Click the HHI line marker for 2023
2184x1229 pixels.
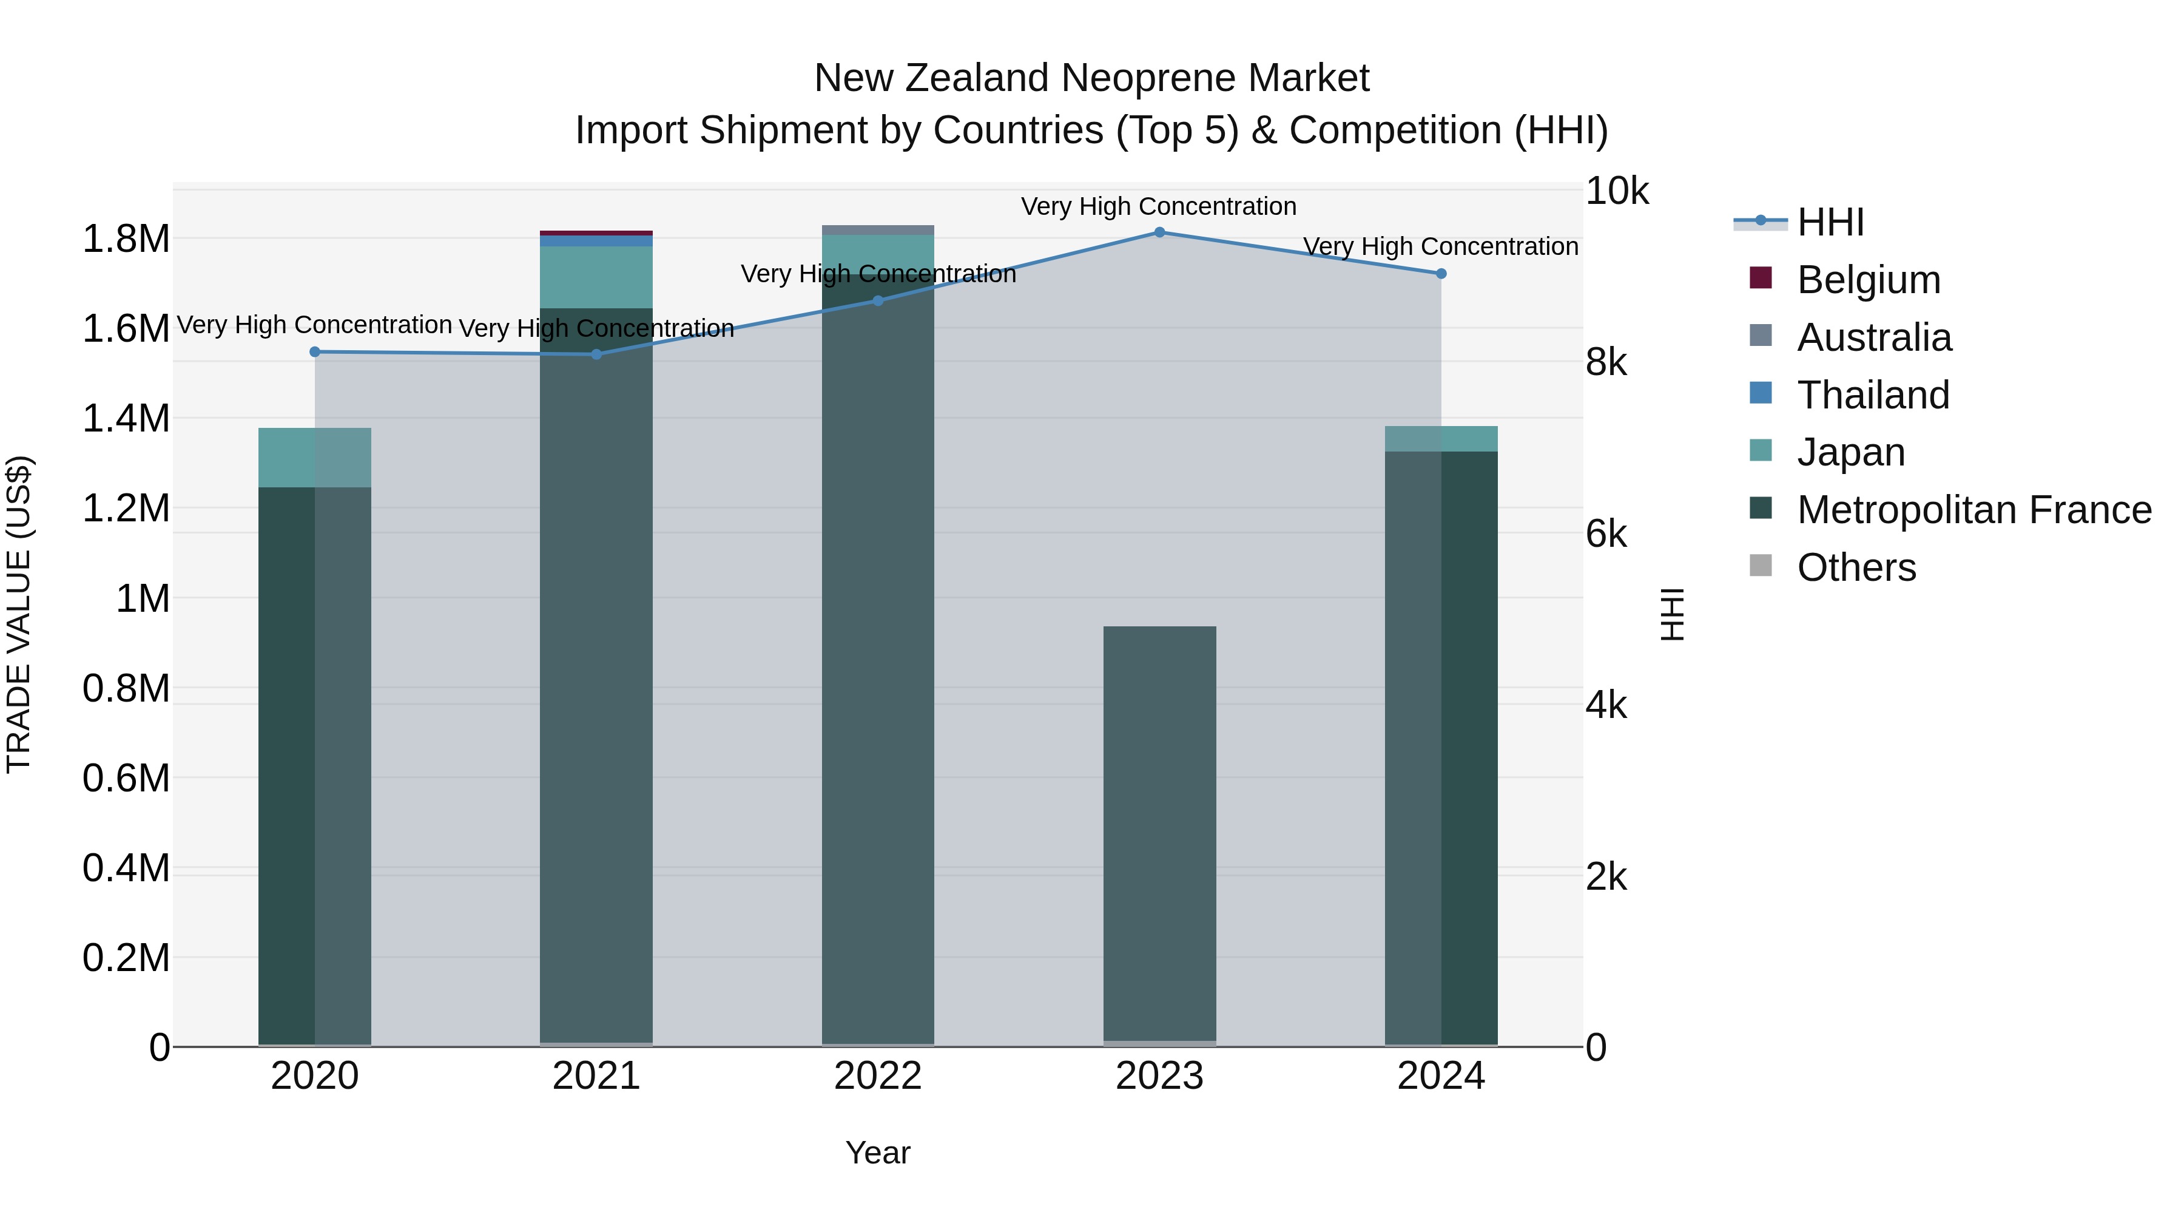tap(1159, 232)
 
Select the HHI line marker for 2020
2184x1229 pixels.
tap(314, 352)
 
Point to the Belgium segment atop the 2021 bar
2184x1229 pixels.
tap(596, 233)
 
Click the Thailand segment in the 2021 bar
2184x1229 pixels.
tap(596, 242)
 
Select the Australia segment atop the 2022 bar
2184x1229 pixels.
tap(877, 230)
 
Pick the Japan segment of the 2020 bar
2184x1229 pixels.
tap(314, 458)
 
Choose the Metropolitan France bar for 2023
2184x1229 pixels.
tap(1159, 831)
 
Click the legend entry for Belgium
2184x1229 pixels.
tap(1868, 280)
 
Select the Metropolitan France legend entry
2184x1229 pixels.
tap(1973, 510)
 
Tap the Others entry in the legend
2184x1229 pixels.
tap(1856, 567)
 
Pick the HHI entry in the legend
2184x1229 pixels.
tap(1830, 222)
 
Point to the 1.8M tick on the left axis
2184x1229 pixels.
tap(126, 239)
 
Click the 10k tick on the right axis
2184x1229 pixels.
tap(1616, 192)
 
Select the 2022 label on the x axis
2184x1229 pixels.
tap(877, 1076)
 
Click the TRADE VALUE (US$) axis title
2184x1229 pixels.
tap(19, 614)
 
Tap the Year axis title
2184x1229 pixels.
tap(877, 1153)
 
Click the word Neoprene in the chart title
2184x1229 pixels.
tap(1147, 78)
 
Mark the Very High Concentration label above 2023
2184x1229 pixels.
tap(1158, 206)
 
